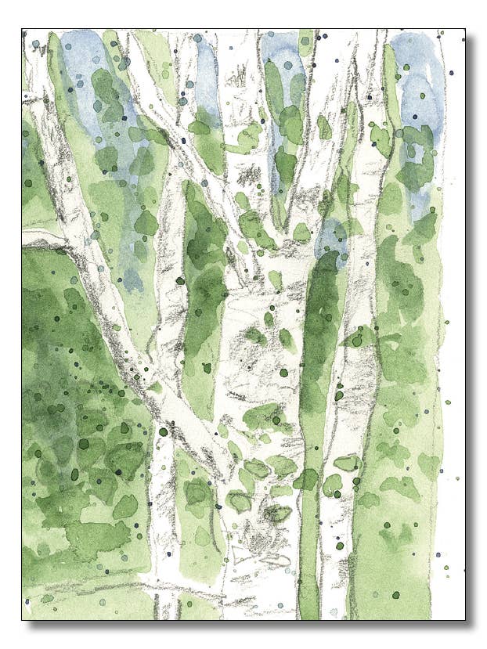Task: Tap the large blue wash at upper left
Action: click(x=94, y=86)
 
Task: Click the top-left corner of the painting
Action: click(x=23, y=31)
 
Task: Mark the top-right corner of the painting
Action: click(x=464, y=31)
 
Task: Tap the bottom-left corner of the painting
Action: click(x=23, y=619)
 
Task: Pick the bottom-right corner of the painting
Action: click(x=464, y=619)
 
